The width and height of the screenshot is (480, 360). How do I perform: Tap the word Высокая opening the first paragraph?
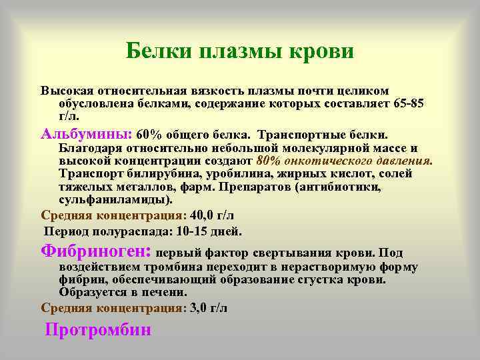coord(66,91)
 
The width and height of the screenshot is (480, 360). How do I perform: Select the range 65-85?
coord(407,103)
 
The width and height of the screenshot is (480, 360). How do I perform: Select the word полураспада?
coord(126,231)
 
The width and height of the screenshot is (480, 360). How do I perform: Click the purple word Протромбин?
coord(98,329)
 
